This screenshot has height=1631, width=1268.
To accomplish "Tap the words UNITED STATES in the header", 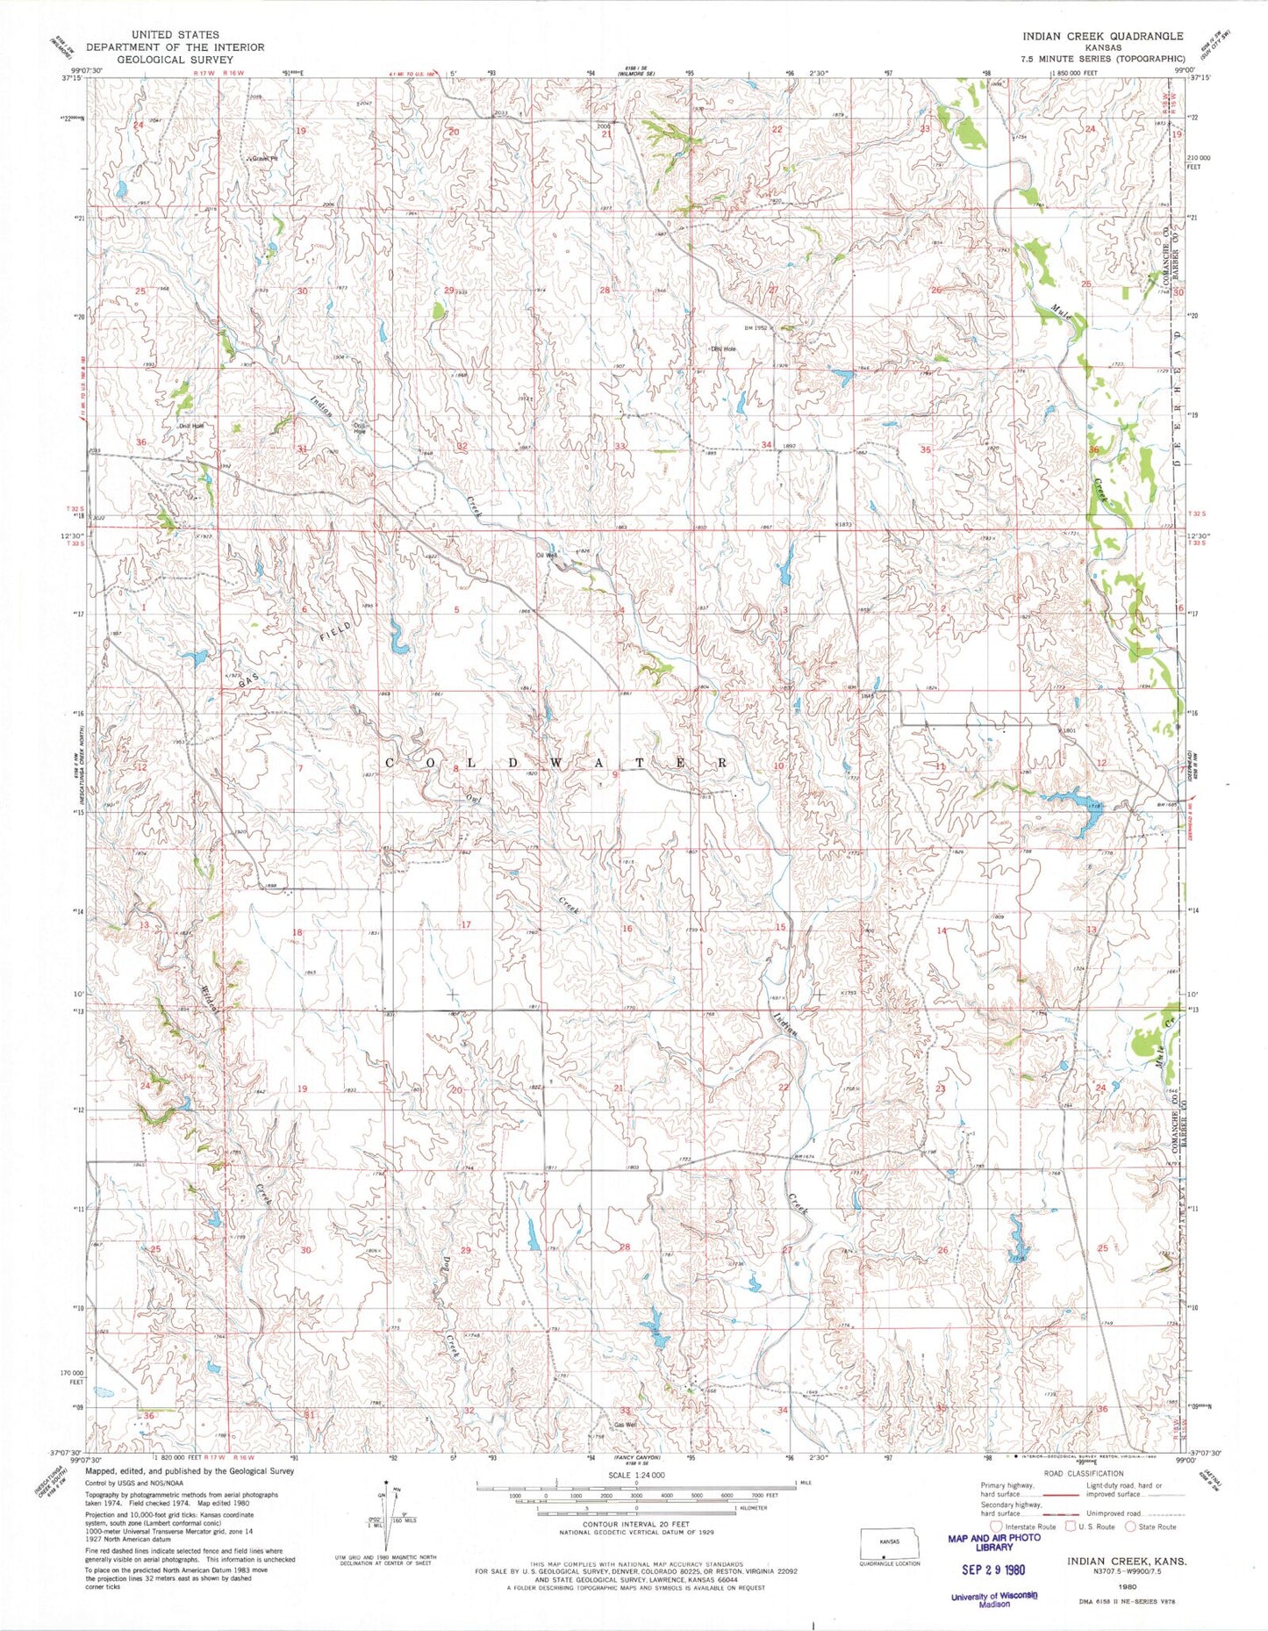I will coord(175,35).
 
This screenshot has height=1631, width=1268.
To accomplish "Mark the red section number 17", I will coord(466,924).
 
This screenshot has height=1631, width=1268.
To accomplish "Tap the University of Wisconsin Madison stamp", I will coord(994,1599).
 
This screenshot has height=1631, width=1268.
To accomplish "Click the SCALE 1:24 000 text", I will coord(635,1476).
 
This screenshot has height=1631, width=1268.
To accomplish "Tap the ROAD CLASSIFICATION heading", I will coord(1083,1474).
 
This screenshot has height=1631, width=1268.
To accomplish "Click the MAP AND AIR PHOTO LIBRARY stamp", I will coord(994,1542).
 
